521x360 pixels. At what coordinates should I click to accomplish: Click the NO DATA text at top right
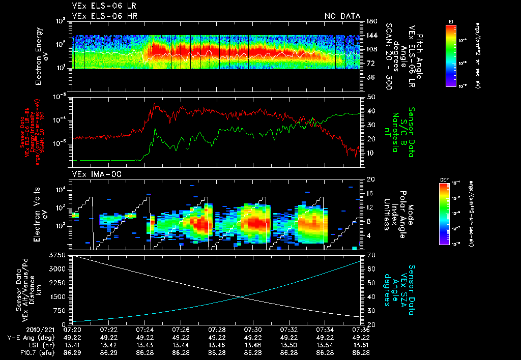(x=342, y=16)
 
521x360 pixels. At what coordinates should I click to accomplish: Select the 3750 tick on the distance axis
(x=61, y=254)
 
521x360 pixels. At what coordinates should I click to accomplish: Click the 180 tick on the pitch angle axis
(x=371, y=21)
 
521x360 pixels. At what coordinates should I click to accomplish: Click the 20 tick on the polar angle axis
(x=370, y=179)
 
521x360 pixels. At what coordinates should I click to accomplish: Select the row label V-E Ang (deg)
(x=26, y=337)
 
